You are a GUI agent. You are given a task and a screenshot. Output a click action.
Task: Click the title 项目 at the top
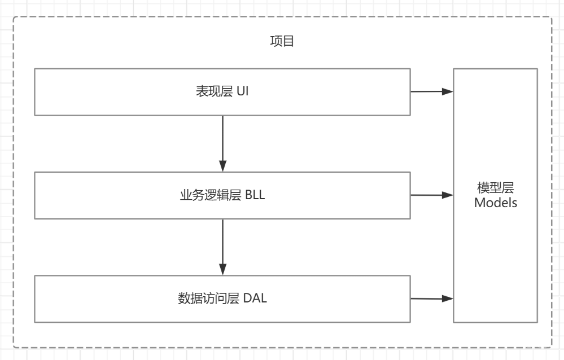click(x=282, y=42)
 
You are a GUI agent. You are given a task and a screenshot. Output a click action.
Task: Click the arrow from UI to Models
click(x=432, y=91)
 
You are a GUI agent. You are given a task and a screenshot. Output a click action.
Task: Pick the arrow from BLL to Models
click(x=432, y=195)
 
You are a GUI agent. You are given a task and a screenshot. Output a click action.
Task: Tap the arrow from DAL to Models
click(x=432, y=298)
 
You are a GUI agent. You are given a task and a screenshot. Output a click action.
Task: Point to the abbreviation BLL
click(x=255, y=196)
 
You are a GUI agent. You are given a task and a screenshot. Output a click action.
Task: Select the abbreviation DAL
click(x=256, y=298)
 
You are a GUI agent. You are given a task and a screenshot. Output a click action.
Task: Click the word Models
click(x=495, y=203)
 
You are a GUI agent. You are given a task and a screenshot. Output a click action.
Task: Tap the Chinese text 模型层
click(x=495, y=188)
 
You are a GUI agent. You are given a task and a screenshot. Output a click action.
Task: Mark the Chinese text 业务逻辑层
click(x=207, y=196)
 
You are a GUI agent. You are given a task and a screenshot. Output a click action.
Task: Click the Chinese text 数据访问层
click(x=207, y=298)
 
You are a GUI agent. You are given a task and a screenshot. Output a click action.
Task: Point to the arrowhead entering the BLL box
click(x=222, y=166)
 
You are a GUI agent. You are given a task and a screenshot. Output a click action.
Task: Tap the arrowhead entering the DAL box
click(x=222, y=269)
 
